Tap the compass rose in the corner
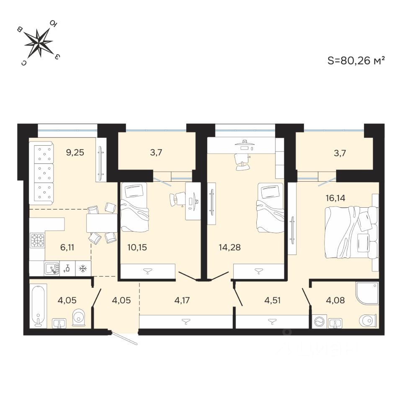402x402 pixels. click(39, 42)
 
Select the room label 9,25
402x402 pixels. click(75, 152)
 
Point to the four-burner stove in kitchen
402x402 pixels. click(37, 240)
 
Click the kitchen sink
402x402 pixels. click(52, 268)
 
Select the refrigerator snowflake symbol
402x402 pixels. click(83, 268)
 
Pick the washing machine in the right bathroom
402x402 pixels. click(319, 322)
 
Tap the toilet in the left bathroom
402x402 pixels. click(78, 318)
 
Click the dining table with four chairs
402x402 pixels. click(102, 223)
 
